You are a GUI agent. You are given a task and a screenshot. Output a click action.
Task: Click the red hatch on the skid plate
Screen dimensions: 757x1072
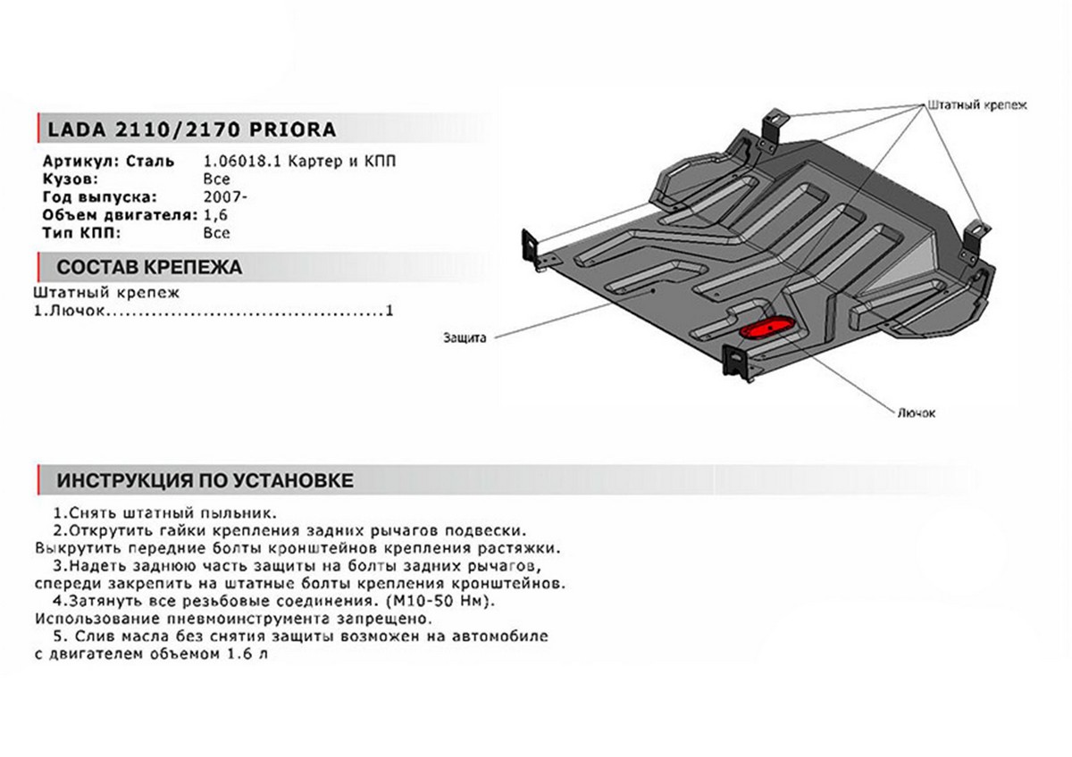click(x=765, y=328)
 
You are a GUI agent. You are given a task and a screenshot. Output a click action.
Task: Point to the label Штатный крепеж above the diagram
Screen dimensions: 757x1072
click(x=978, y=104)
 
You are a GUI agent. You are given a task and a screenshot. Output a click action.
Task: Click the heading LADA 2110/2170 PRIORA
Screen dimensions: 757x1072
click(x=186, y=129)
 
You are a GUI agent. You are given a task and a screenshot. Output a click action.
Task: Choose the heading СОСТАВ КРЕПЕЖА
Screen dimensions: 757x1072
click(x=148, y=267)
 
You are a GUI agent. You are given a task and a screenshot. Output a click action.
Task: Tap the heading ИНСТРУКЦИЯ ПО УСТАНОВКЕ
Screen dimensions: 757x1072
click(x=205, y=480)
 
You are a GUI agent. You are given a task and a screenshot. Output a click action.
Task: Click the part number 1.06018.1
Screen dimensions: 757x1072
click(x=236, y=162)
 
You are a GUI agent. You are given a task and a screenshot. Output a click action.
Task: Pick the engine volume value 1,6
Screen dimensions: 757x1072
click(x=215, y=215)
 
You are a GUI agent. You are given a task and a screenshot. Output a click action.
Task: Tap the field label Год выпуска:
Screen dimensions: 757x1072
click(x=99, y=197)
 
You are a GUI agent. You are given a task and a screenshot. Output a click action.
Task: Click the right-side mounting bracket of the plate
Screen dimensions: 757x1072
click(x=976, y=237)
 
